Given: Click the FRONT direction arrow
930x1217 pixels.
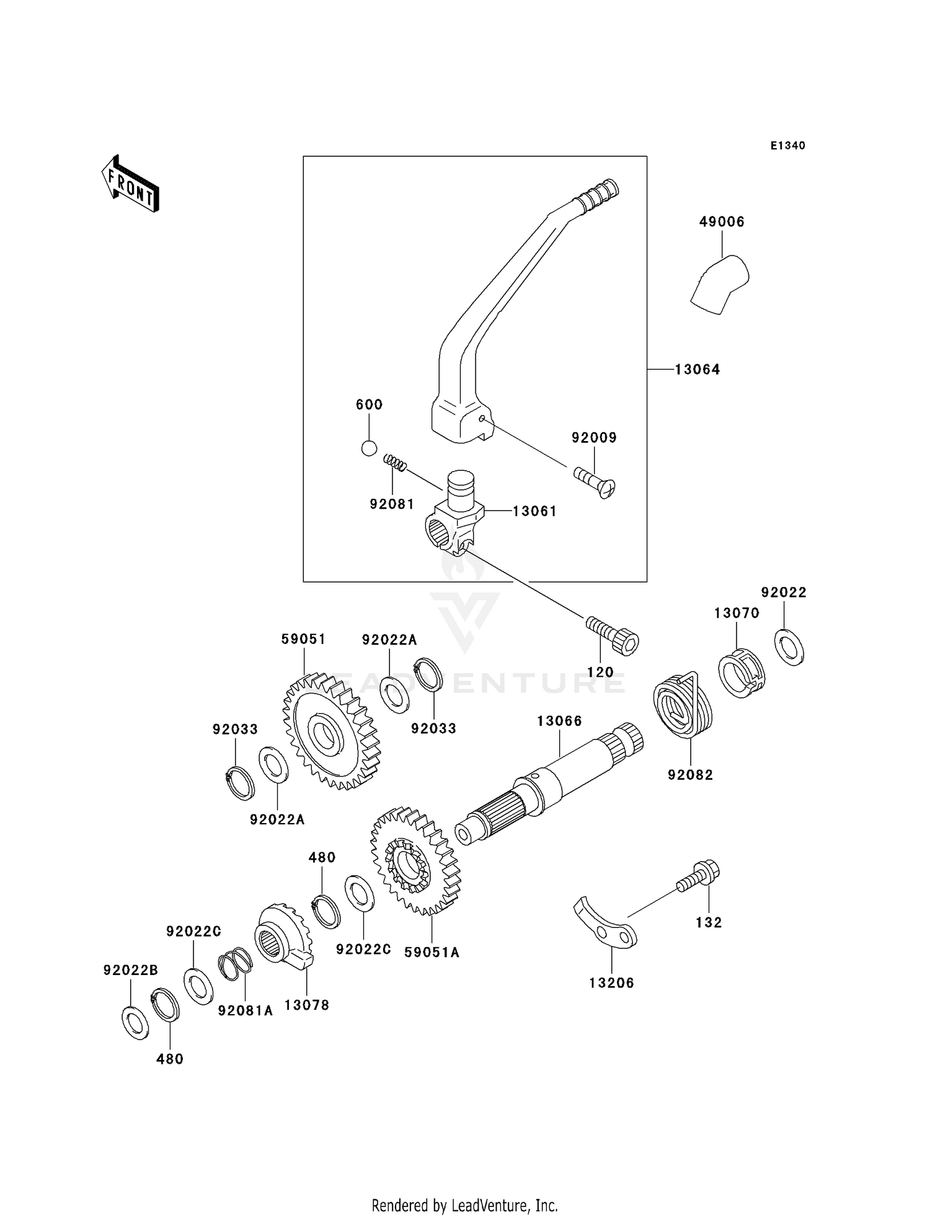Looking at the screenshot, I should click(x=130, y=185).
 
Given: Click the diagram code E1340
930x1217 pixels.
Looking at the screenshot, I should click(x=787, y=146).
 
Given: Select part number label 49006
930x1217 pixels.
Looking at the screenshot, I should click(x=721, y=222).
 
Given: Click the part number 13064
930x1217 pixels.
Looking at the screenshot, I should click(x=697, y=370).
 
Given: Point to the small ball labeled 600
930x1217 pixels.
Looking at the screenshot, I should click(x=369, y=447).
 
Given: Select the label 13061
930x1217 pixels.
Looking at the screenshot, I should click(x=534, y=511).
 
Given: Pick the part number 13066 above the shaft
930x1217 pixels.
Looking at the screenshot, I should click(x=559, y=721).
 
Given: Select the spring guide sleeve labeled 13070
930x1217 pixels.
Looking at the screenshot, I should click(x=741, y=673).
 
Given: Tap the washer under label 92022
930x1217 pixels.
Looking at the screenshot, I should click(x=789, y=648).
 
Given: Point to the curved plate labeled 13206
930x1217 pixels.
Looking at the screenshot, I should click(x=605, y=924).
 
